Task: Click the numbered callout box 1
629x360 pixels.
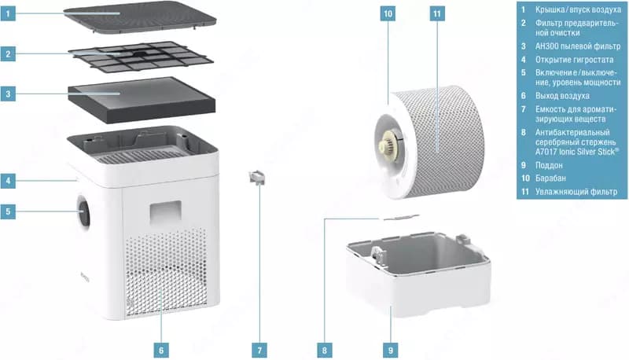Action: tap(8, 13)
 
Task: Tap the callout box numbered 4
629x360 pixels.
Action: tap(8, 181)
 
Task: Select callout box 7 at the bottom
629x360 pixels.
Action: tap(259, 351)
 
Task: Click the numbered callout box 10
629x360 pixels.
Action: tap(388, 13)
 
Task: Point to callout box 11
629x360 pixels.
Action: tap(437, 13)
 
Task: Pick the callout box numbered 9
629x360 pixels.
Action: tap(391, 351)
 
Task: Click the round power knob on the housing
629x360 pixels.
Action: tap(84, 211)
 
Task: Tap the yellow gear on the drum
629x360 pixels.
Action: tap(388, 143)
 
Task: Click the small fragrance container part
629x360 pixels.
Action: tap(257, 177)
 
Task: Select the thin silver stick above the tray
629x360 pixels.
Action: tap(399, 218)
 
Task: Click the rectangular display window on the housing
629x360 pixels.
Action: tap(165, 212)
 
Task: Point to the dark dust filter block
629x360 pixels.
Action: tap(142, 99)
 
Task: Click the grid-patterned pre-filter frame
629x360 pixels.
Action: tap(141, 57)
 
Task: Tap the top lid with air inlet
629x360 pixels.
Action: tap(140, 17)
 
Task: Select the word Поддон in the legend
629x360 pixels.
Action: tap(549, 165)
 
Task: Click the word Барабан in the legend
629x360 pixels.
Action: tap(550, 178)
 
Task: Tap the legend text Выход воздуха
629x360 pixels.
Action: tap(562, 96)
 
